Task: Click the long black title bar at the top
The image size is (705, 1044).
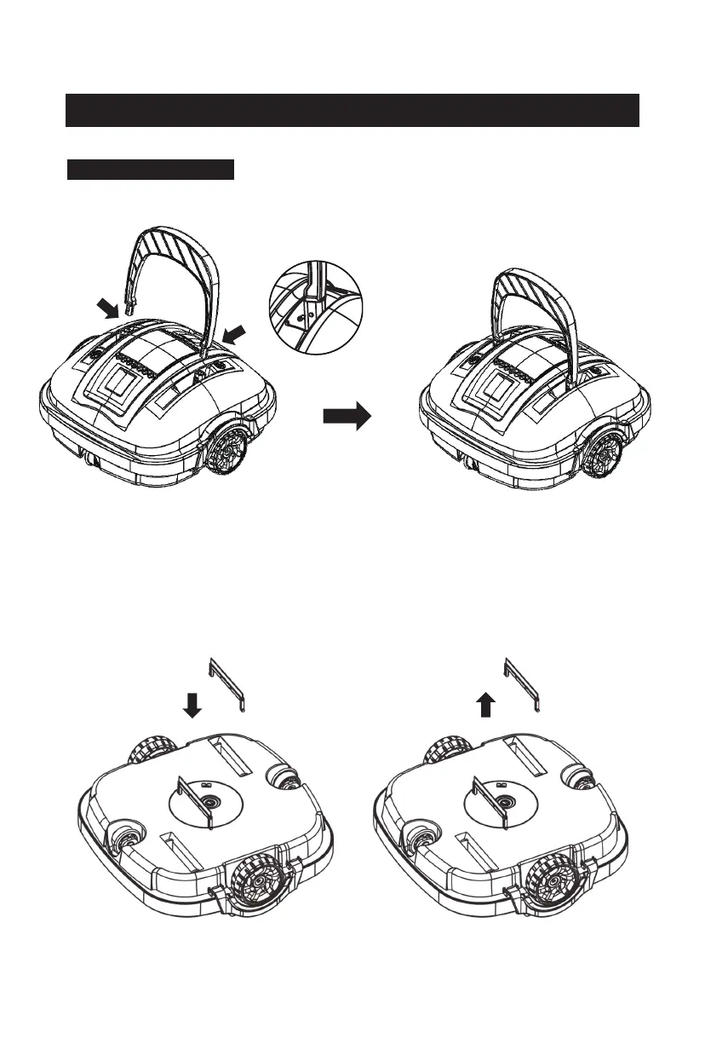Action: (x=352, y=110)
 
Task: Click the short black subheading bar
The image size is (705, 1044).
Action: (x=151, y=169)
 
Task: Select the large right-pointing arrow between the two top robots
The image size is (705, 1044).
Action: (x=347, y=417)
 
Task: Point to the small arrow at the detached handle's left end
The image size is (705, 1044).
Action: (x=108, y=307)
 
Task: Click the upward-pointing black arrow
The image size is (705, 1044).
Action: (x=485, y=704)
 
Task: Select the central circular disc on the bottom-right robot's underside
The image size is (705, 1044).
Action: (x=504, y=802)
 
